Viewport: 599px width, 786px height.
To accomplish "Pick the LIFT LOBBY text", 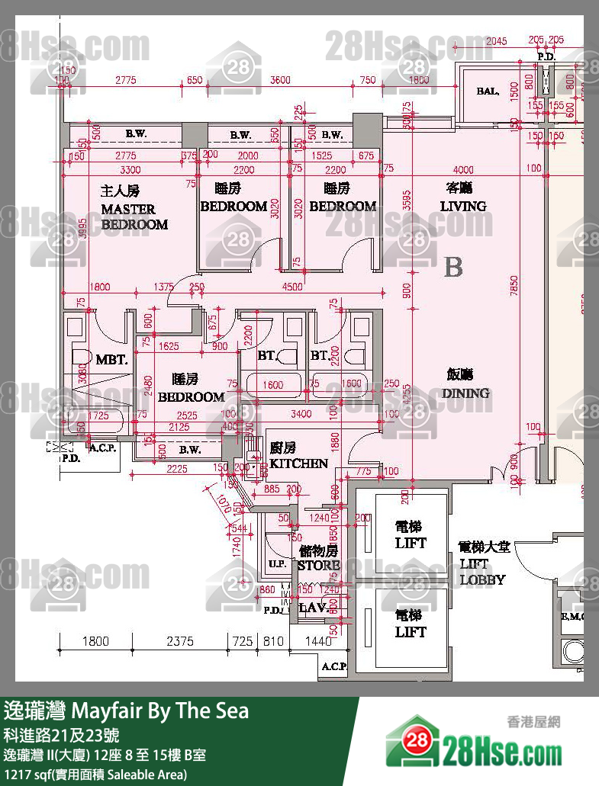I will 484,563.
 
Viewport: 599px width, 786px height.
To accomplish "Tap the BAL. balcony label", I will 488,91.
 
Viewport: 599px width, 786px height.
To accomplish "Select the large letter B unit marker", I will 453,268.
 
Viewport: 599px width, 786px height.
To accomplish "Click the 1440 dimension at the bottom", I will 318,642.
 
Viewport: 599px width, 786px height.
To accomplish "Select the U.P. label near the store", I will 277,565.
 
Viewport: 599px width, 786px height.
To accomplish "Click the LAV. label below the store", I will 312,608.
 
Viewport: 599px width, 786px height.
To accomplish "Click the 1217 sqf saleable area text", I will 95,775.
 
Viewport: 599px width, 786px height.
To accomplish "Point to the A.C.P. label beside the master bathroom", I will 103,448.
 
